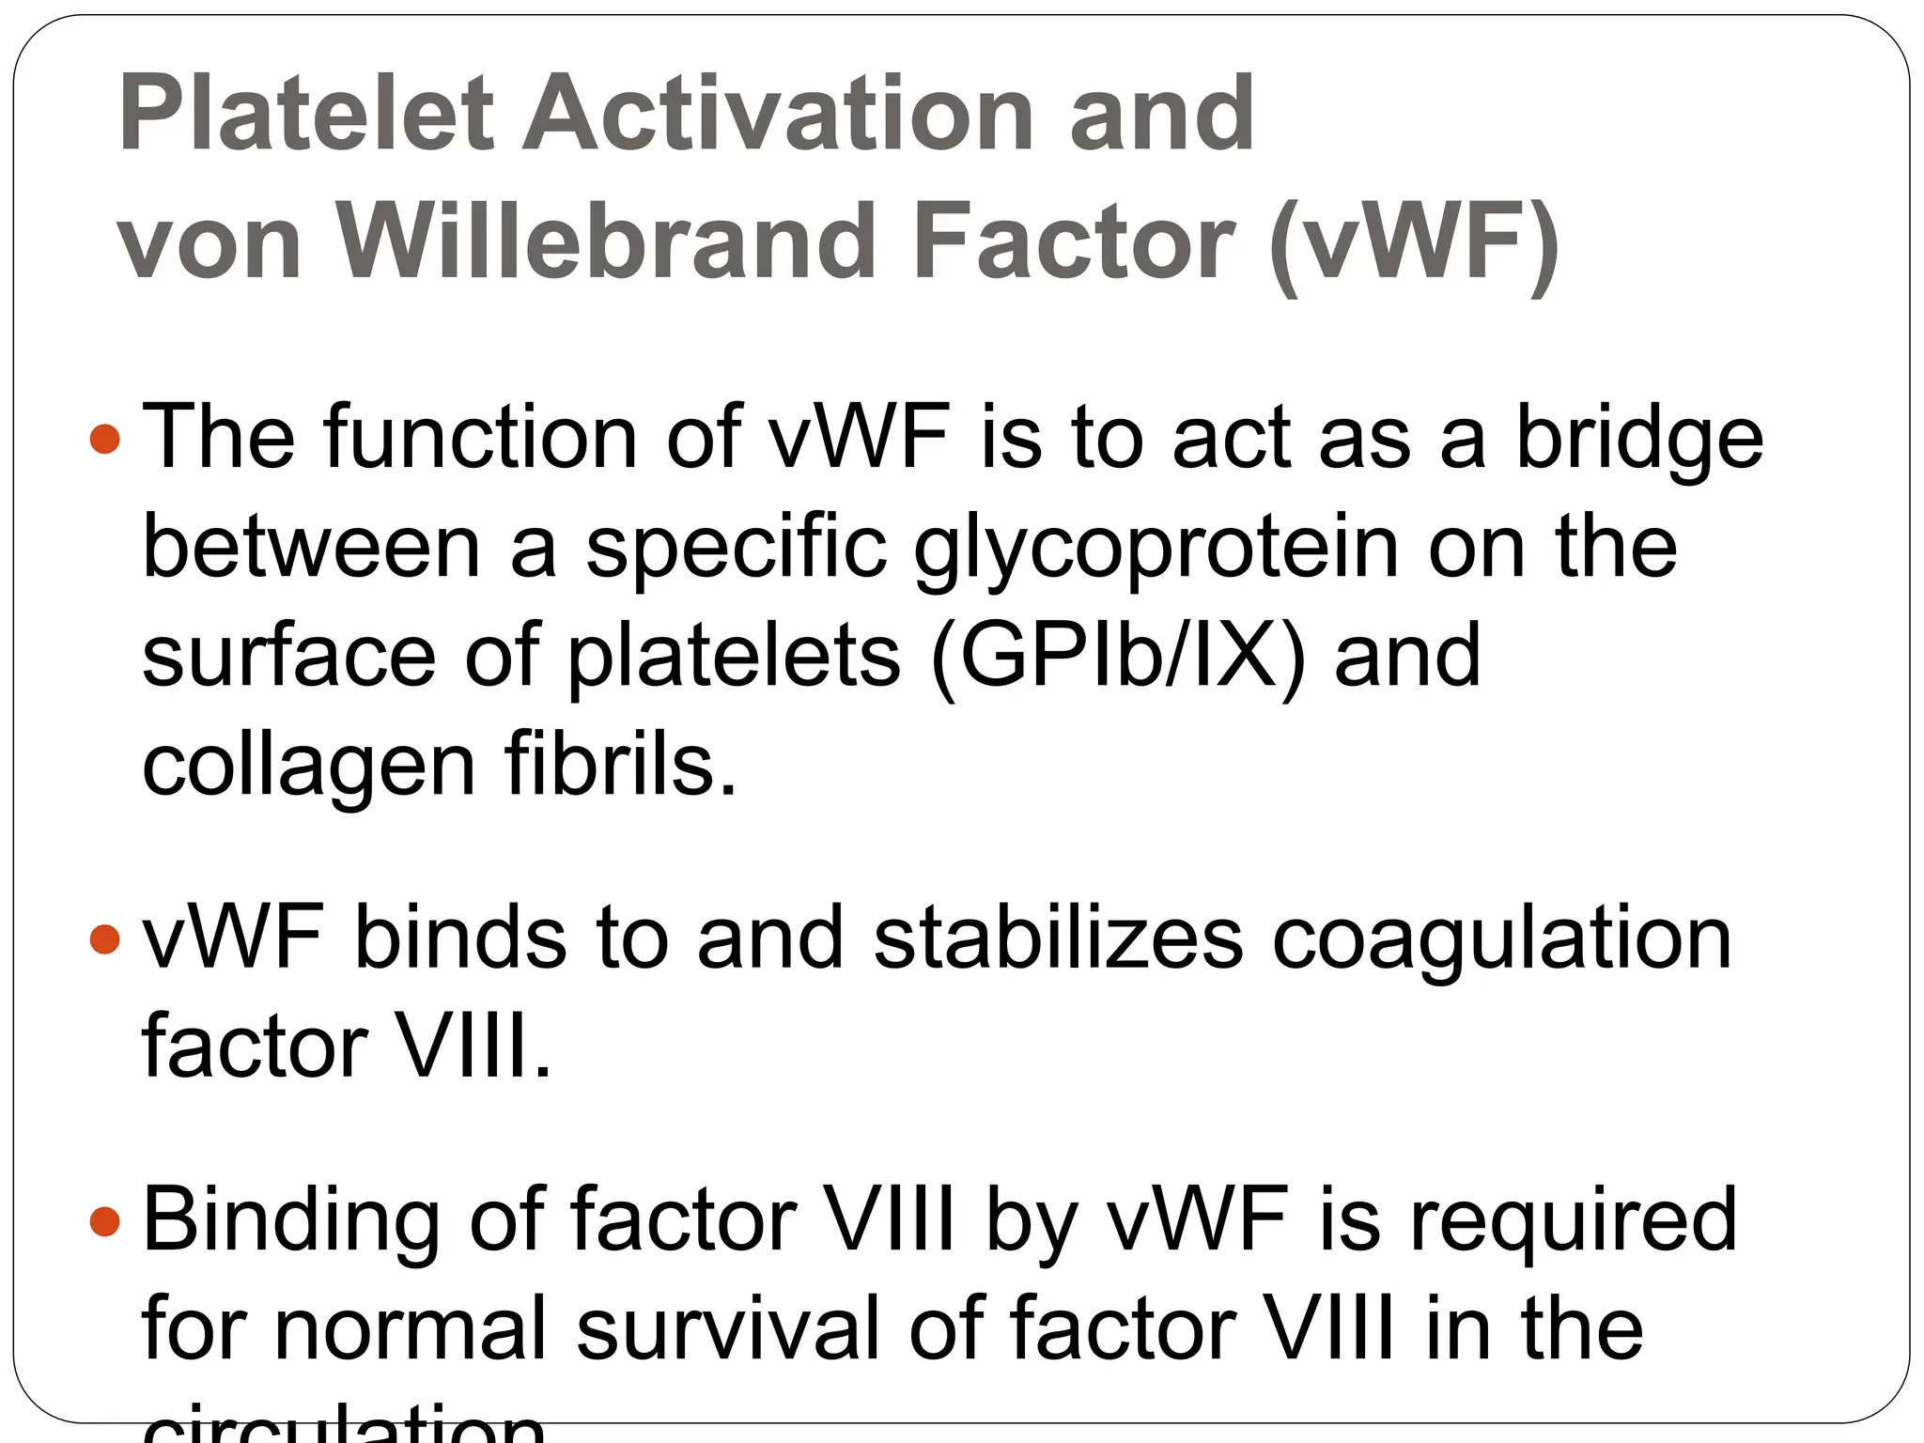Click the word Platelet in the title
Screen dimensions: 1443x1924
[305, 115]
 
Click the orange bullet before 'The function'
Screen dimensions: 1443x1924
[105, 439]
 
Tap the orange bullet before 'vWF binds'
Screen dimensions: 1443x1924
[105, 939]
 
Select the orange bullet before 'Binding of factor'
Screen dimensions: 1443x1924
[105, 1221]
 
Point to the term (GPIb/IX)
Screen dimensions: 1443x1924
[1118, 658]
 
